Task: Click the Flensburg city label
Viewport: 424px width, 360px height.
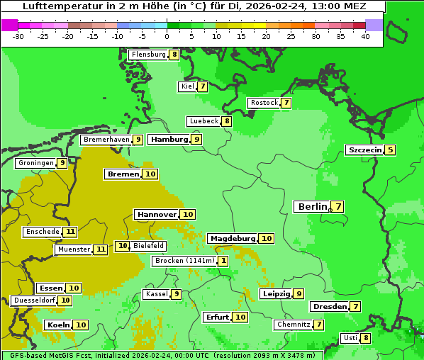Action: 149,55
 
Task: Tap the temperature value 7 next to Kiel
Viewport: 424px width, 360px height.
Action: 202,86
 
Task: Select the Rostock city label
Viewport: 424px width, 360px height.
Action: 264,103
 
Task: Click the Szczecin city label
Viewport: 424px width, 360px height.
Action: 364,150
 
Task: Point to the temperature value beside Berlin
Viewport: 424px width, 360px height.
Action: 338,207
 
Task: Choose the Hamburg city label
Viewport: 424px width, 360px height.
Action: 169,140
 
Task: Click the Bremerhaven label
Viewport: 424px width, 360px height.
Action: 106,140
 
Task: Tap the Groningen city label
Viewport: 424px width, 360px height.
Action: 36,163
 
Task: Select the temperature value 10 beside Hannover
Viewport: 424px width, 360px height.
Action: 187,214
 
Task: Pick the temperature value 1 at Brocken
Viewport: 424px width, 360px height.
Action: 224,261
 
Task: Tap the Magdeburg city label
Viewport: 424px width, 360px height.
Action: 233,238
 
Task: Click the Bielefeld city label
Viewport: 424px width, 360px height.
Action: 148,246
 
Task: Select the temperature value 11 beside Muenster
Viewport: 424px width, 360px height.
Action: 101,249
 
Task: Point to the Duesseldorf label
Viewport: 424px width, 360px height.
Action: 34,300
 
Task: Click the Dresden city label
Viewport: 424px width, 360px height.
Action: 329,307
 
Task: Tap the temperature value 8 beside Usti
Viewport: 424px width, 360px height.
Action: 366,338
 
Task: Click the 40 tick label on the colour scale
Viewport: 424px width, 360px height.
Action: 365,36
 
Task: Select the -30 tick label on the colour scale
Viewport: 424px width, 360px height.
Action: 18,36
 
